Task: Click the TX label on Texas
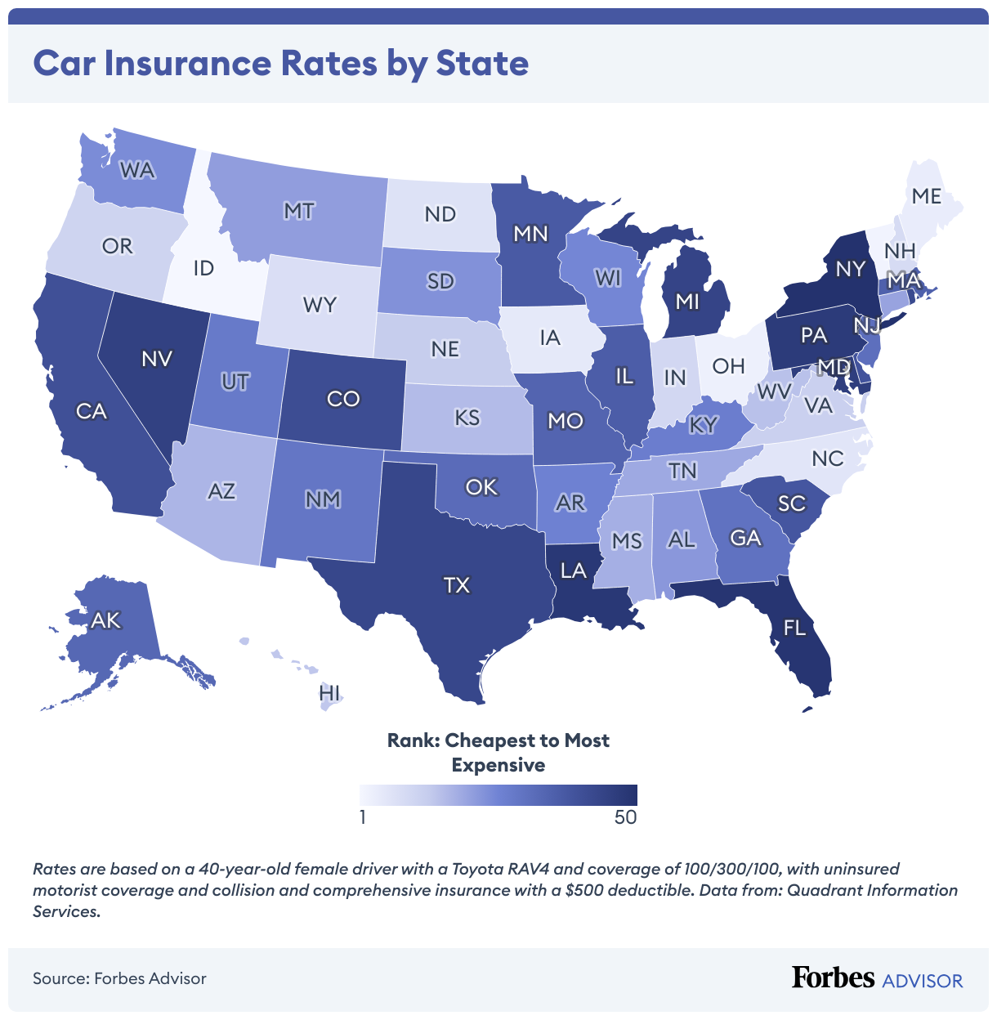point(457,585)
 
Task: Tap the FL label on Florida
point(794,628)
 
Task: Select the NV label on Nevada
point(156,359)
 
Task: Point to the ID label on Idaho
point(203,268)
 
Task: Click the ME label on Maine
point(927,196)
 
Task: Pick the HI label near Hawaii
point(329,693)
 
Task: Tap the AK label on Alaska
point(105,620)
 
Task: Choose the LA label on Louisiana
point(574,570)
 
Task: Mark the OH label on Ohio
point(728,366)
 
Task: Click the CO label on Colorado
point(343,399)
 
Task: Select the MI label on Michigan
point(687,302)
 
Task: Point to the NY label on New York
point(850,269)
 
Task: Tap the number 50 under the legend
point(625,817)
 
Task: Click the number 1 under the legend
point(363,817)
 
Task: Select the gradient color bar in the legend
point(498,795)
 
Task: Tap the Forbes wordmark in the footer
point(833,977)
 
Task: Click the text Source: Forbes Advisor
point(119,978)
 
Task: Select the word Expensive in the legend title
point(498,765)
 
